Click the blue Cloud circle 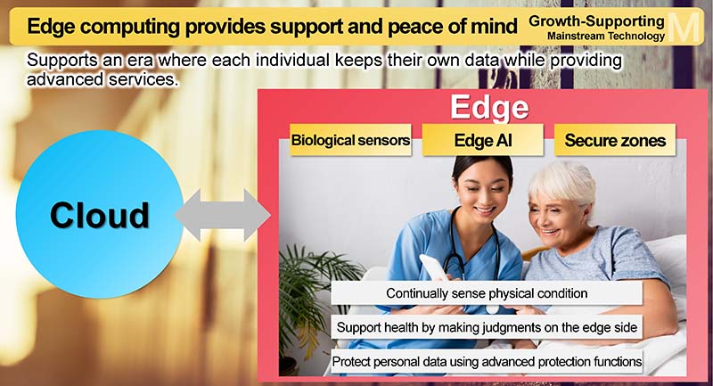click(x=99, y=214)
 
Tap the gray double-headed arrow click(x=223, y=215)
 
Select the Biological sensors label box click(x=350, y=140)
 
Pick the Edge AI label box click(x=482, y=140)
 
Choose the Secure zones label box click(x=615, y=140)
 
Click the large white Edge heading click(x=489, y=107)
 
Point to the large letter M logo click(x=684, y=28)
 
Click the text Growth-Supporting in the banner click(x=596, y=21)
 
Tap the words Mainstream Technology click(x=606, y=36)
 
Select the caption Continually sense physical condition click(x=487, y=293)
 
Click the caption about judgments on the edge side click(x=487, y=327)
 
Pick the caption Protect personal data click(x=487, y=362)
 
